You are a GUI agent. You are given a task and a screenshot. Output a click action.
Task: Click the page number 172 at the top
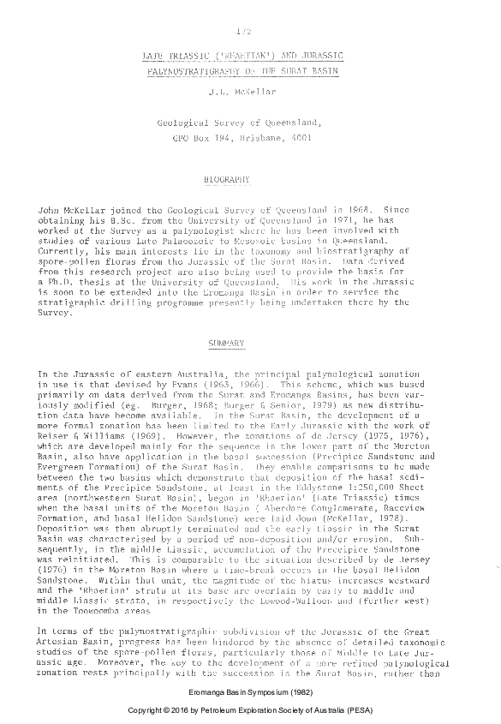tap(243, 32)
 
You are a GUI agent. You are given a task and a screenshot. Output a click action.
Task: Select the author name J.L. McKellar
tap(244, 91)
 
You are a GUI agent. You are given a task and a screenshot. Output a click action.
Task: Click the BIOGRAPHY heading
tap(227, 180)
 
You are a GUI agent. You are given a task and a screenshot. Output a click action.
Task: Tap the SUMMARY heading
tap(227, 344)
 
